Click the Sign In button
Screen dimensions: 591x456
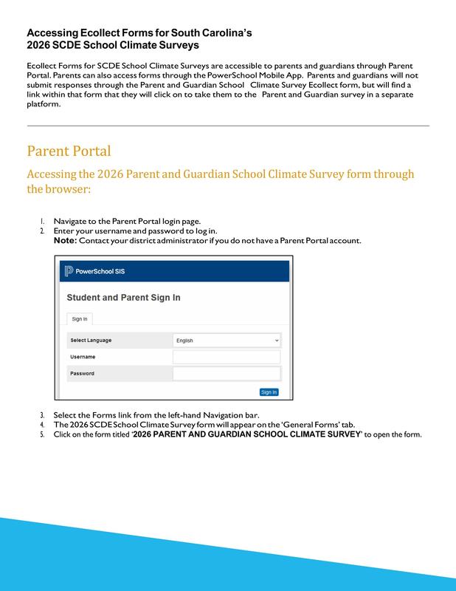click(269, 392)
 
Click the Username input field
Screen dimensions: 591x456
click(226, 357)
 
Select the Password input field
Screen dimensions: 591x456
click(226, 374)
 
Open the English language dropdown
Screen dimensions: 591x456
click(226, 340)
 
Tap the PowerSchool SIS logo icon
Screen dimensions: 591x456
click(69, 270)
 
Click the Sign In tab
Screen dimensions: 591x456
click(79, 318)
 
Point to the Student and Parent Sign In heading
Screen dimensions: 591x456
click(123, 298)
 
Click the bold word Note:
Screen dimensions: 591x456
click(65, 241)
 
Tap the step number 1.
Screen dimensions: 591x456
click(42, 221)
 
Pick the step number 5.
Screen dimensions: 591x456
click(42, 434)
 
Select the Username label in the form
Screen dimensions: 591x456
click(83, 357)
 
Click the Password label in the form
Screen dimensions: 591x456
click(82, 374)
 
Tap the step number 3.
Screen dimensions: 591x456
click(42, 415)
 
